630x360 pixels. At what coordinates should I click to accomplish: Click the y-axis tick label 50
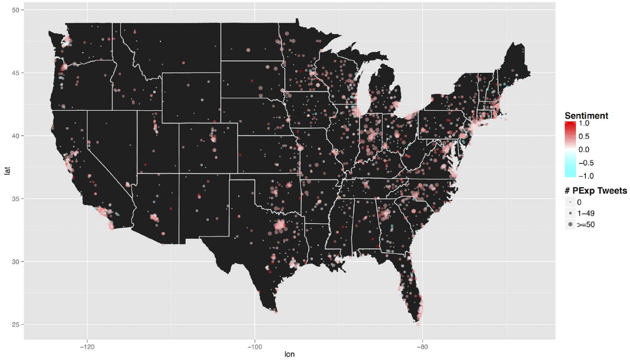coord(17,10)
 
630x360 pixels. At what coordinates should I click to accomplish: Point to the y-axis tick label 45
coord(17,73)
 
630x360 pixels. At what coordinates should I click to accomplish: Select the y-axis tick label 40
coord(17,136)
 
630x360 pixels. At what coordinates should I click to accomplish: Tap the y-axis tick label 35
coord(17,199)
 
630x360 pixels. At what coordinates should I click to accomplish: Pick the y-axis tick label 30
coord(17,262)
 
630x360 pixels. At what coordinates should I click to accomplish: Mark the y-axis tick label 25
coord(17,325)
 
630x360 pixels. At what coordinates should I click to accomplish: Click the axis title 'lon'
coord(289,354)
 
